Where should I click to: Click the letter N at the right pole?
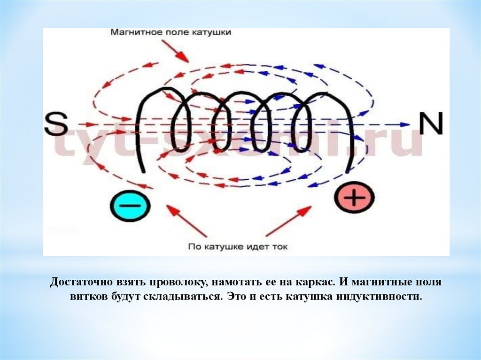click(x=431, y=124)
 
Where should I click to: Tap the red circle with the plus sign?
click(x=355, y=198)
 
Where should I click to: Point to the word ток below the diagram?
click(x=277, y=246)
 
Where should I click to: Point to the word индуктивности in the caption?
click(x=384, y=298)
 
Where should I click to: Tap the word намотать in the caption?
click(x=233, y=283)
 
